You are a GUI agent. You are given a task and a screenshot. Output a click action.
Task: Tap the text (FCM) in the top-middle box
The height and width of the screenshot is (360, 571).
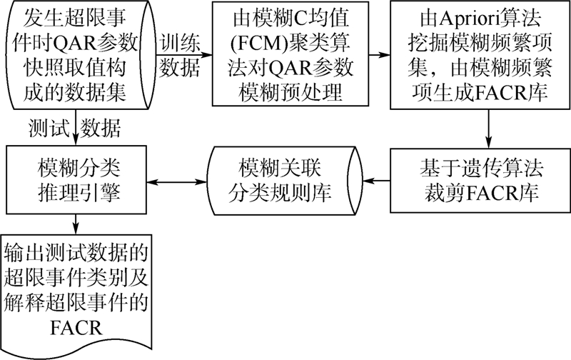(259, 44)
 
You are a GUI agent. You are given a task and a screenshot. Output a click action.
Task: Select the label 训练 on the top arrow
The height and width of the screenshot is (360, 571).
(181, 43)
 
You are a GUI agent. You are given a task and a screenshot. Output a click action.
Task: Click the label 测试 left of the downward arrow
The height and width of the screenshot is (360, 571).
(49, 128)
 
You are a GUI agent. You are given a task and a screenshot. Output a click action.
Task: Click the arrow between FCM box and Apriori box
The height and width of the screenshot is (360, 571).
(379, 56)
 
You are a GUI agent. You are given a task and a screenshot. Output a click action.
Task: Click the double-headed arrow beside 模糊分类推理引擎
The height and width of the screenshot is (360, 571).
(176, 181)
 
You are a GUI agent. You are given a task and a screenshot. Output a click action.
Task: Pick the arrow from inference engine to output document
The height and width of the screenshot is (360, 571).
(76, 224)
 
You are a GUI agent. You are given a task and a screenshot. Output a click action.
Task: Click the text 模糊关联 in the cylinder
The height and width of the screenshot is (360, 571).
(280, 168)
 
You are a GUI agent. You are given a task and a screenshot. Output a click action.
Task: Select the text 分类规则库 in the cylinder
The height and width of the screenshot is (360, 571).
(280, 194)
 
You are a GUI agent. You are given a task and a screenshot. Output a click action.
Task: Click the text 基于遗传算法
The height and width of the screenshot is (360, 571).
(481, 168)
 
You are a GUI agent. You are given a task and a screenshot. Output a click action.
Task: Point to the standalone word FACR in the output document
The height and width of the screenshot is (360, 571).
(76, 328)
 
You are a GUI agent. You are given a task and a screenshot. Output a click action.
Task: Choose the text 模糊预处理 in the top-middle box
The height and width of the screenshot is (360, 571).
(290, 93)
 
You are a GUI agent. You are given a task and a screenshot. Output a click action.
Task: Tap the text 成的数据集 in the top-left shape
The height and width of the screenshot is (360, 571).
(75, 92)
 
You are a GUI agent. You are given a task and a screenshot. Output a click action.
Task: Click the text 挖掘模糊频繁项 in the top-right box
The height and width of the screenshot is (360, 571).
(480, 44)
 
